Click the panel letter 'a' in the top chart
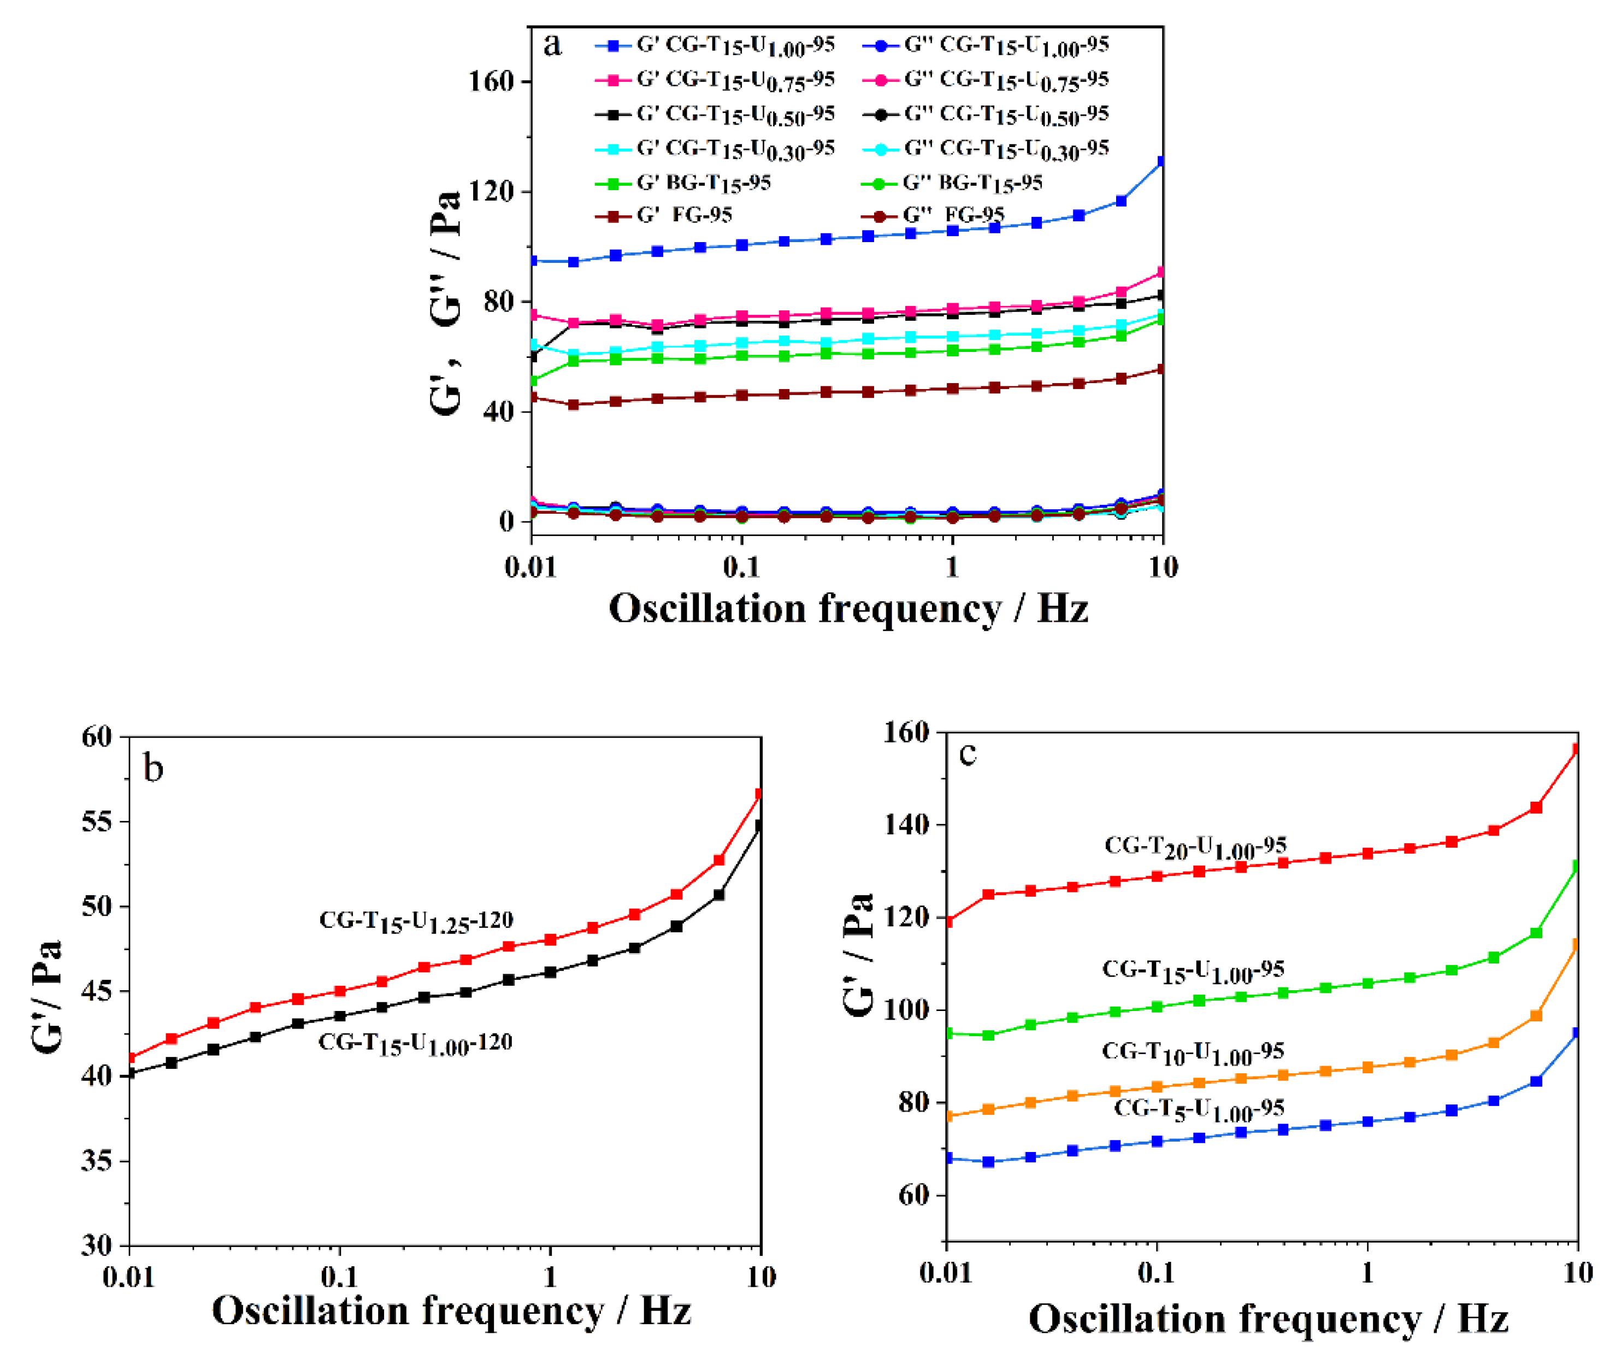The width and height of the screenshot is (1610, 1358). click(552, 45)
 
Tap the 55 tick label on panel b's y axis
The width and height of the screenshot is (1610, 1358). click(96, 821)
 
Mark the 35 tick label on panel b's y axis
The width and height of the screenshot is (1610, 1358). click(96, 1161)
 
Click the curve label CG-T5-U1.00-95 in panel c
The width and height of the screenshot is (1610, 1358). click(1199, 1109)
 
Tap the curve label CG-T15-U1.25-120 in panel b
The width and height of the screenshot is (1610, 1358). click(416, 921)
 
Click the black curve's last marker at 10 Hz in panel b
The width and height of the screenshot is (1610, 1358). click(759, 825)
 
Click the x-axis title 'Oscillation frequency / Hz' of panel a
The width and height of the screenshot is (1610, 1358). click(847, 609)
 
